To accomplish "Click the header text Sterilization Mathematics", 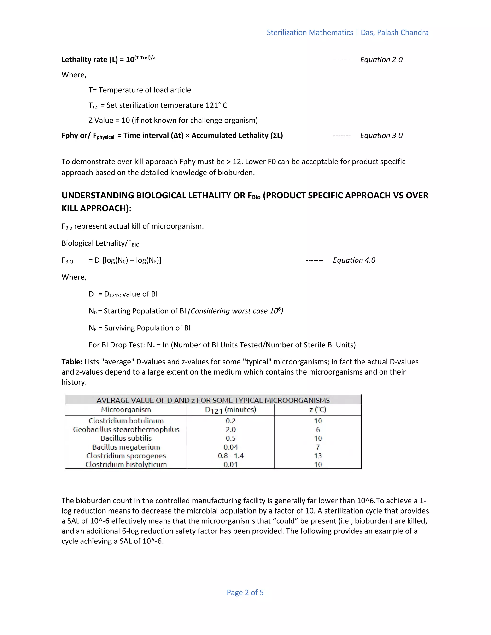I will (x=310, y=32).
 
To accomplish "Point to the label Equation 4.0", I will (x=354, y=260).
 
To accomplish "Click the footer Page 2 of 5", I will (x=245, y=593).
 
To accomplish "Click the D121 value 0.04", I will (x=230, y=447).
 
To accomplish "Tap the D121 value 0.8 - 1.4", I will (x=230, y=456).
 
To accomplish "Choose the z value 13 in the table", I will (x=318, y=456).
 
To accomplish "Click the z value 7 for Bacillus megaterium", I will (x=318, y=447).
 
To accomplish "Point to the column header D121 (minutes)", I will (x=230, y=410).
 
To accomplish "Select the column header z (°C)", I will (x=318, y=410).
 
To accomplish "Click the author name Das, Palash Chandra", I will (x=394, y=32).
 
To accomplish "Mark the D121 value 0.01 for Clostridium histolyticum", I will (x=230, y=464).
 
